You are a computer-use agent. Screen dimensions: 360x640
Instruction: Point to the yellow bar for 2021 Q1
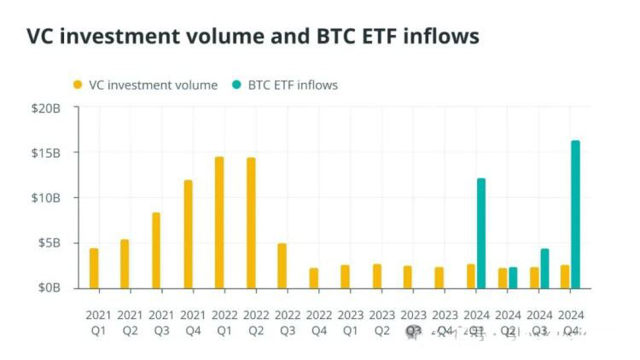coord(94,267)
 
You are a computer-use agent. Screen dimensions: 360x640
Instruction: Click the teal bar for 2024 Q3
coord(544,267)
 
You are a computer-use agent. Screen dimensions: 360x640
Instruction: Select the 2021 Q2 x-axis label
coord(131,322)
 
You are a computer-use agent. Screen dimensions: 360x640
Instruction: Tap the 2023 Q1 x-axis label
coord(351,322)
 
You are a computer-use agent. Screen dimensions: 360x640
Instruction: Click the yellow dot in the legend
coord(78,84)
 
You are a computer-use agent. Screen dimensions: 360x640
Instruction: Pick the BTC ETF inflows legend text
coord(293,84)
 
